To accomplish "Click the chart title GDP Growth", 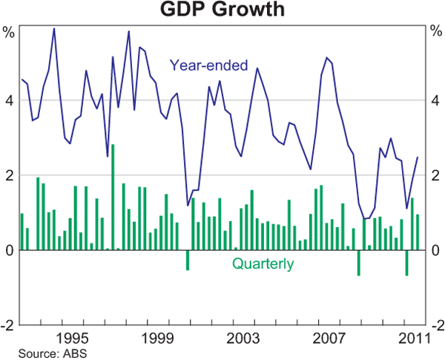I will [222, 10].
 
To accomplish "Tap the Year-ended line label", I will [208, 65].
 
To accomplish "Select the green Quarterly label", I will [263, 264].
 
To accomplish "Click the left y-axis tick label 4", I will [9, 100].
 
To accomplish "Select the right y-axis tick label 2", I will [435, 176].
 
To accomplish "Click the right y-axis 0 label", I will [435, 251].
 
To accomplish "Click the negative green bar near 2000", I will [187, 260].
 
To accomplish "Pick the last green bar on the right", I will [418, 232].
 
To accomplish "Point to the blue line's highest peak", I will [54, 28].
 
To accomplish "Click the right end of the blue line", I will [418, 157].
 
